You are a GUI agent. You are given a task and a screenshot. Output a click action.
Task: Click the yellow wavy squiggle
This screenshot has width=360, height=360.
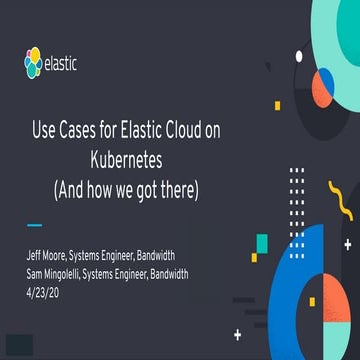pos(341,207)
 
